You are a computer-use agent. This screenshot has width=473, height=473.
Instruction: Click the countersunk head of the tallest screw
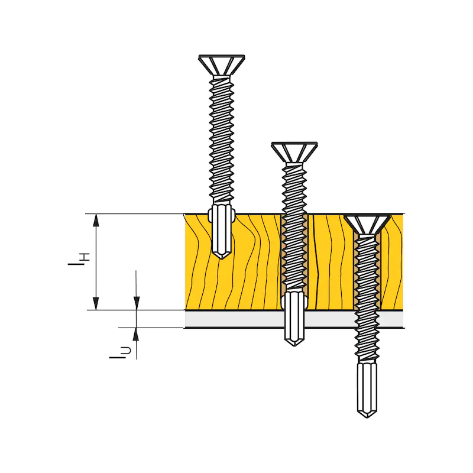pyautogui.click(x=222, y=65)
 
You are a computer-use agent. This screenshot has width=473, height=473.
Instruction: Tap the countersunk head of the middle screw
pyautogui.click(x=294, y=152)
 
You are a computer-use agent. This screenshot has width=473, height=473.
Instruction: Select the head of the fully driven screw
pyautogui.click(x=367, y=225)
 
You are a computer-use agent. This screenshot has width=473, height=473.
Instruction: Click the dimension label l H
pyautogui.click(x=79, y=260)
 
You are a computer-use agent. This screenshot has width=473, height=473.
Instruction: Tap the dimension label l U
pyautogui.click(x=121, y=352)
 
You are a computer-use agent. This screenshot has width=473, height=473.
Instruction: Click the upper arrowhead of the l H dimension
pyautogui.click(x=96, y=220)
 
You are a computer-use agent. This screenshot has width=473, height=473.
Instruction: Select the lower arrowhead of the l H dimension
pyautogui.click(x=96, y=303)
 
